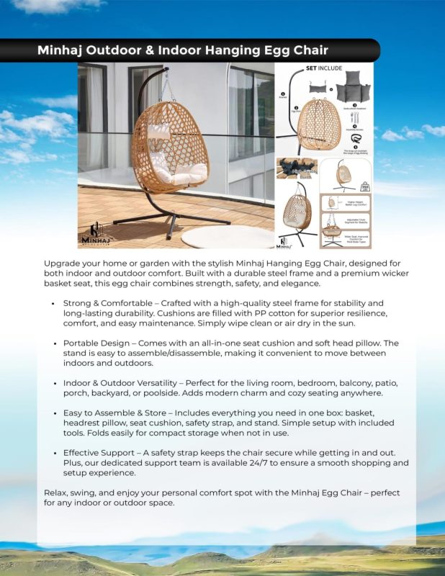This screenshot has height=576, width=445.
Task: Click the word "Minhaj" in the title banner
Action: [x=63, y=50]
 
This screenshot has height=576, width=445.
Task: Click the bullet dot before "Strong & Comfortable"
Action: [x=53, y=304]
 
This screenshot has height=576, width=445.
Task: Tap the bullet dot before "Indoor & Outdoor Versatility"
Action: [x=53, y=382]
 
